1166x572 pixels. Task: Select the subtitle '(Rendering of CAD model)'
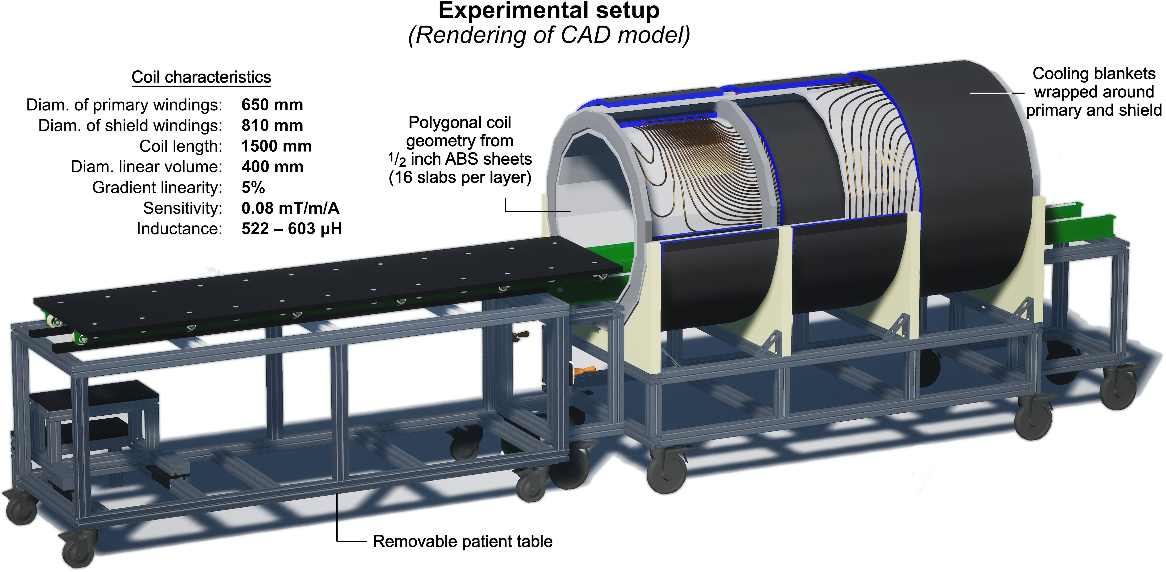[549, 35]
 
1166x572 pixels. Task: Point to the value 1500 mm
[276, 146]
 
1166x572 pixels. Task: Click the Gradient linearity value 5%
[253, 187]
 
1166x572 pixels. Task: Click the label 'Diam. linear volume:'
[146, 167]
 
